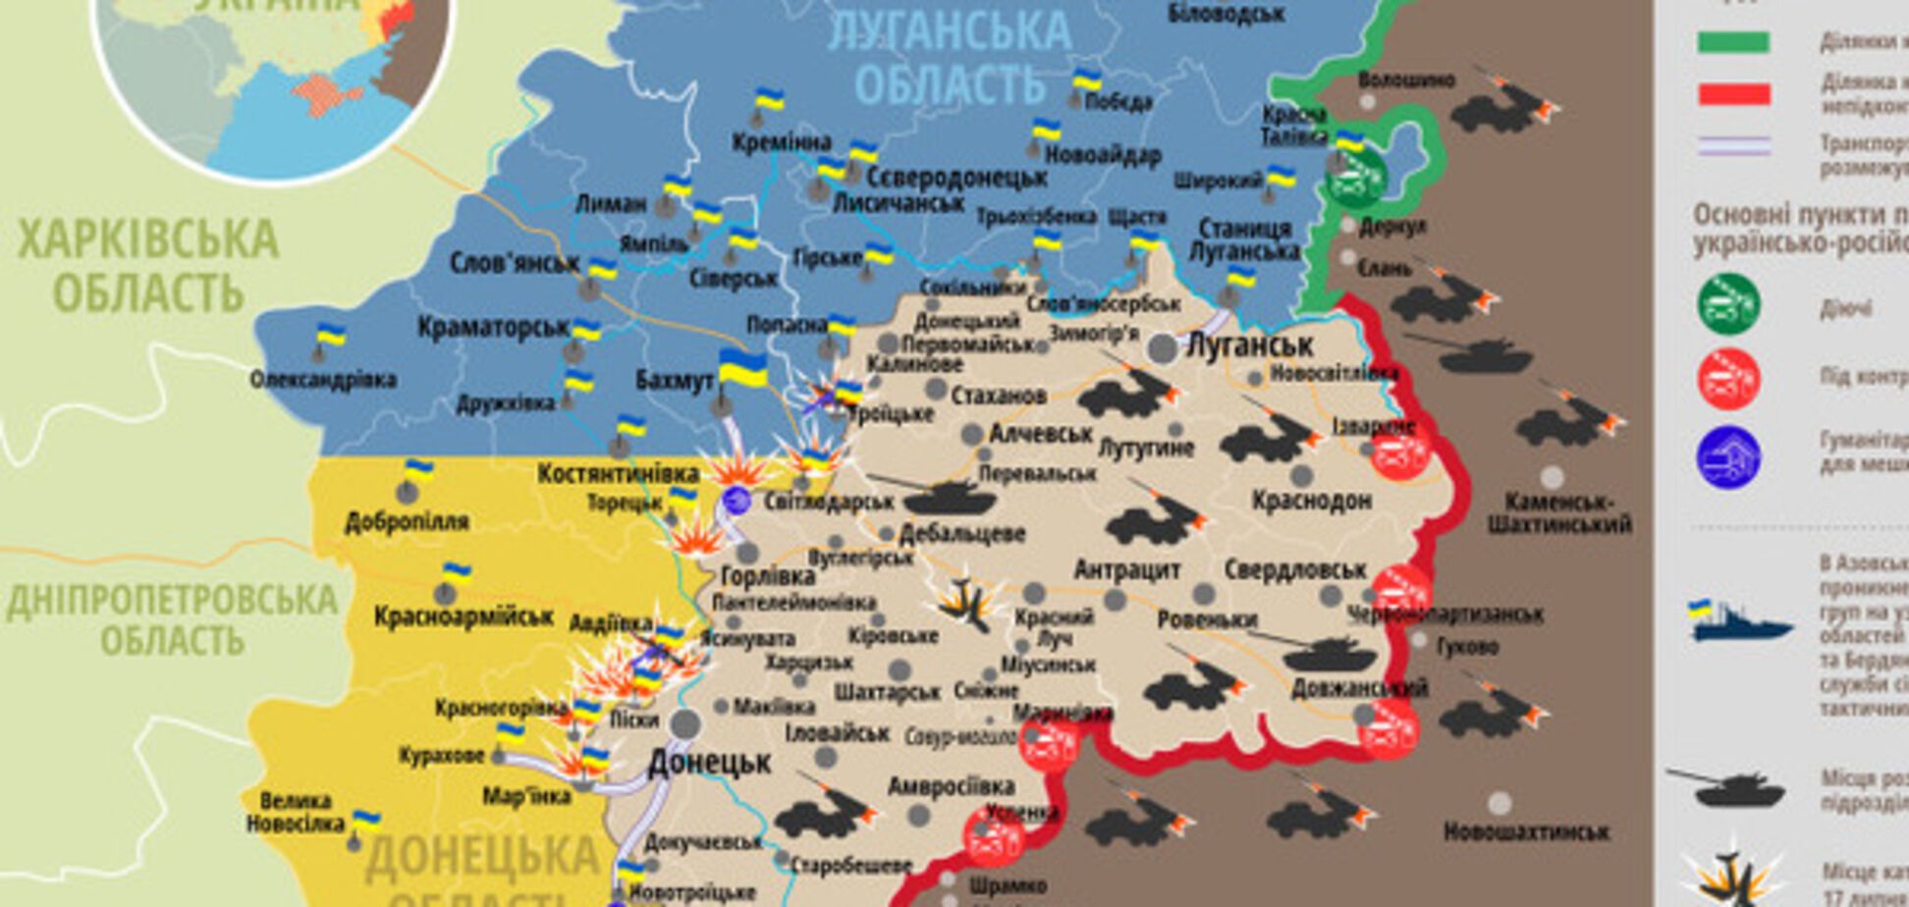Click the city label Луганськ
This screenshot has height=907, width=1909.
(x=1249, y=346)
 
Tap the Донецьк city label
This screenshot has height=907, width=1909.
(x=709, y=762)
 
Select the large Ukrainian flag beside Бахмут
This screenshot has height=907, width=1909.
(x=742, y=370)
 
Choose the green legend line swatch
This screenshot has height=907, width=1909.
(x=1733, y=42)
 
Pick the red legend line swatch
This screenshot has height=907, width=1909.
(x=1733, y=94)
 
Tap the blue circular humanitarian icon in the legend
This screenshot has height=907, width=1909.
(x=1728, y=457)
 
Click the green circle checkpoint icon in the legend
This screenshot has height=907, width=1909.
(x=1728, y=304)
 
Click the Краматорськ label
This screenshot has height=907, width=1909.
(x=493, y=327)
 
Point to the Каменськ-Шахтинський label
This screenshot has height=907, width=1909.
(x=1559, y=512)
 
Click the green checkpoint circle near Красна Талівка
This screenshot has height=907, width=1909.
(x=1355, y=180)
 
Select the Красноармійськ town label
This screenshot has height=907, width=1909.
(x=464, y=616)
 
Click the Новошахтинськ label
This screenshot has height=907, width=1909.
(x=1526, y=832)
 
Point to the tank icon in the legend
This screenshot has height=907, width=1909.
(x=1724, y=786)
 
